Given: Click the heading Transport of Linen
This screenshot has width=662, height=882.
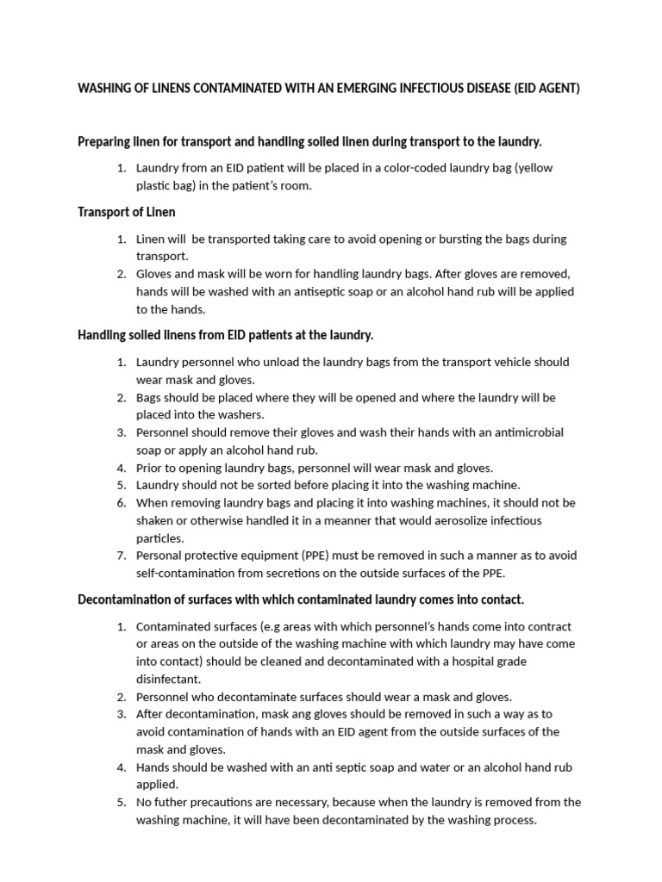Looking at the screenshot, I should point(127,212).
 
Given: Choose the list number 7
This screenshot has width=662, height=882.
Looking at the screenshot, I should point(122,555).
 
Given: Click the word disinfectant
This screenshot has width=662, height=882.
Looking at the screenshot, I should point(168,679).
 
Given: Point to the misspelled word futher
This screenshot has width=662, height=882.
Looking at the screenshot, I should point(173,802).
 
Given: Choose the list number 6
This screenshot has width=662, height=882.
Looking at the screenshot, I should point(122,502).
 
